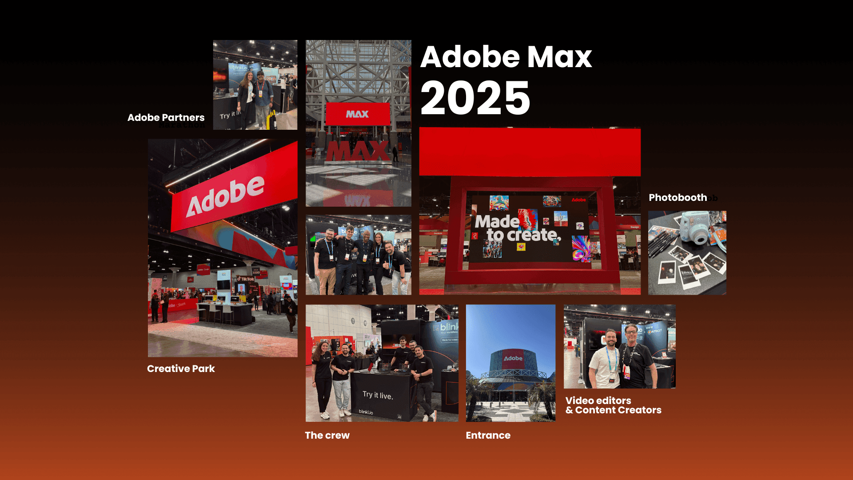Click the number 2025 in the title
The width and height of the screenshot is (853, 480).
point(475,98)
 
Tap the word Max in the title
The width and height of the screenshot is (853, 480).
point(560,57)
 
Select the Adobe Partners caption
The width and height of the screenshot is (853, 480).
point(166,117)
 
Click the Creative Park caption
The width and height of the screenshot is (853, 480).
point(181,368)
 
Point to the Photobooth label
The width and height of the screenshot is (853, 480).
point(678,197)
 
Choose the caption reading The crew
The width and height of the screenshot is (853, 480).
point(327,435)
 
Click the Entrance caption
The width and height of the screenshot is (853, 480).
point(488,435)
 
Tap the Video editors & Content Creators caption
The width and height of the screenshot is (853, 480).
point(613,405)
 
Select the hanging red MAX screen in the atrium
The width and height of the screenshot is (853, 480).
point(358,114)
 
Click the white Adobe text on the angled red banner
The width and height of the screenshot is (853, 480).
point(225,196)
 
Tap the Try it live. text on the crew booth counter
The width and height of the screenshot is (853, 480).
point(378,395)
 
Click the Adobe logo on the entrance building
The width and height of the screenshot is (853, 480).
point(513,358)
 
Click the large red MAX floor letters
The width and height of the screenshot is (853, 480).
point(358,151)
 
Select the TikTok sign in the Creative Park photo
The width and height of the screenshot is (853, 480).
point(246,279)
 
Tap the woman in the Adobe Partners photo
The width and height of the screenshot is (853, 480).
point(247,98)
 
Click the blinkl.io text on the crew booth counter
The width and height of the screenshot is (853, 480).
point(366,412)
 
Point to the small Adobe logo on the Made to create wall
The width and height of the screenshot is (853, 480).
point(578,200)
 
